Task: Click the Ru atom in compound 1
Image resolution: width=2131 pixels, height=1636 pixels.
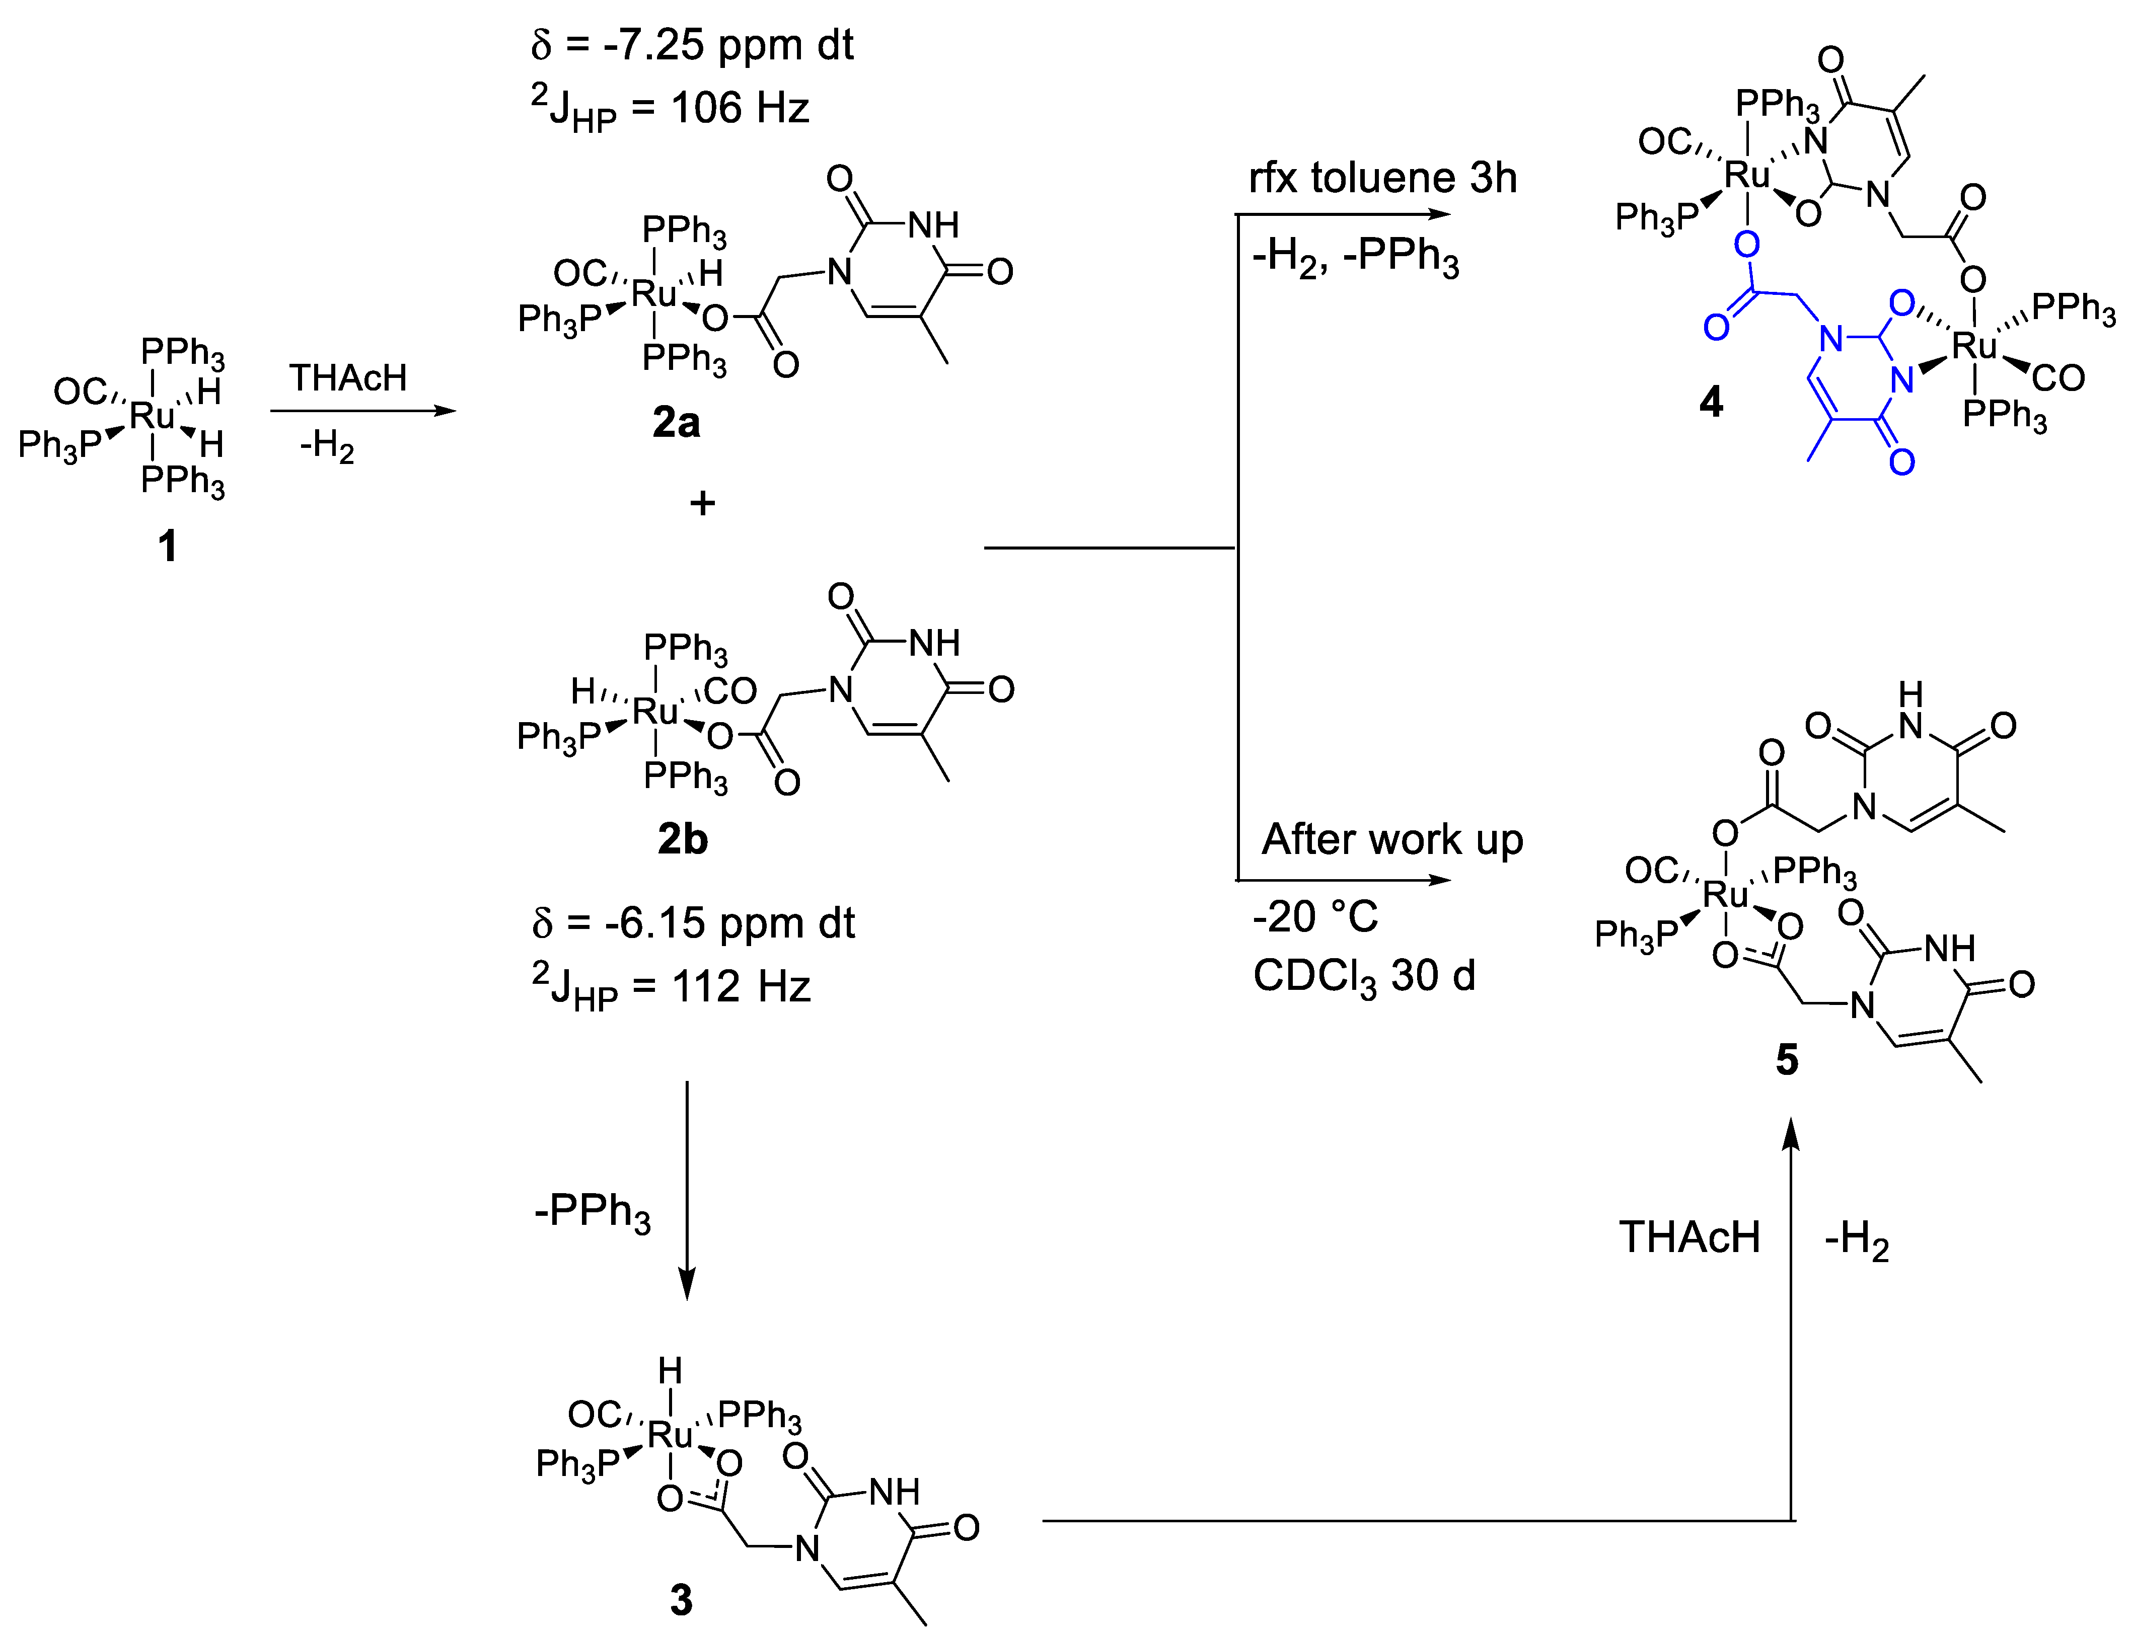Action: click(x=152, y=416)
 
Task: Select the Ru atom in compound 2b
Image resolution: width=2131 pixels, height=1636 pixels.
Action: click(x=654, y=712)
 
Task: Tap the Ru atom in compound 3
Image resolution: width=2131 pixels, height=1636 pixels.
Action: click(x=670, y=1434)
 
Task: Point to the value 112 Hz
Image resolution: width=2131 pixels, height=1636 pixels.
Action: click(x=740, y=986)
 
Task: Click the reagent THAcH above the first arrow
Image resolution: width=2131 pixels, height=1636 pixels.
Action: click(x=348, y=378)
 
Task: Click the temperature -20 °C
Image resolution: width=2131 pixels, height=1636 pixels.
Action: click(x=1315, y=916)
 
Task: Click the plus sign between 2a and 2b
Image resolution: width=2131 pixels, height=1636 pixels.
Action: click(x=702, y=503)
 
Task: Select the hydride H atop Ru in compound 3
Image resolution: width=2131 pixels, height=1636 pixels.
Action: click(x=670, y=1371)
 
